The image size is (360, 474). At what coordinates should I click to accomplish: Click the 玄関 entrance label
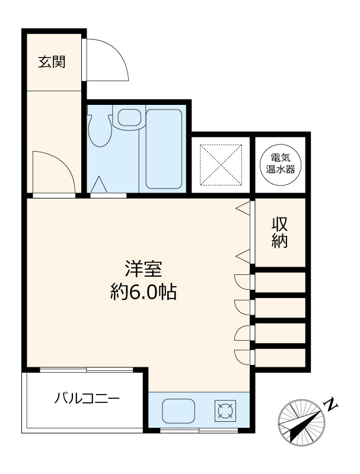(x=52, y=62)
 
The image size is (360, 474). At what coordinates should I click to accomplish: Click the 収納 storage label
(x=280, y=233)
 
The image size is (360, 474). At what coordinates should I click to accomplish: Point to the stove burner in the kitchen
(x=225, y=410)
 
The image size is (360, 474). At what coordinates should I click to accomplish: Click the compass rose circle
(x=301, y=422)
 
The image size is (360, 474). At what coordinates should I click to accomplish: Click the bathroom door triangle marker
(x=99, y=185)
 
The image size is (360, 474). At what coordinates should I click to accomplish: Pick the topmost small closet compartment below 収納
(x=280, y=282)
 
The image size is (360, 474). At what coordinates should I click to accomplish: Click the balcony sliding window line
(x=86, y=370)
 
